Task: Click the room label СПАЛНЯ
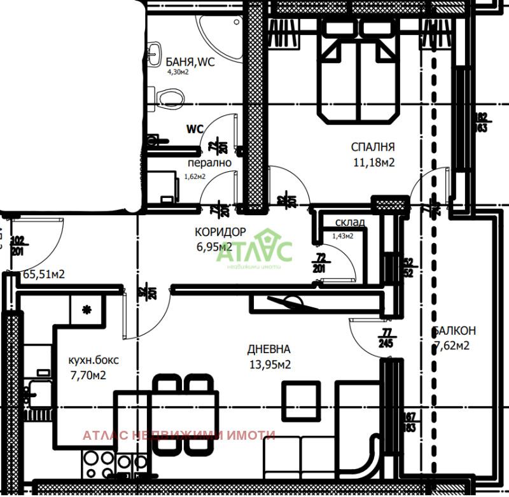pos(373,146)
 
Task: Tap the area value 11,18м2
pos(373,162)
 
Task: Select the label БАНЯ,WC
pos(190,62)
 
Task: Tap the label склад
pos(350,222)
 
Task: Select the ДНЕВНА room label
pos(269,349)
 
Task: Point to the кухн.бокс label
pos(93,360)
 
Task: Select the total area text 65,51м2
pos(44,275)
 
